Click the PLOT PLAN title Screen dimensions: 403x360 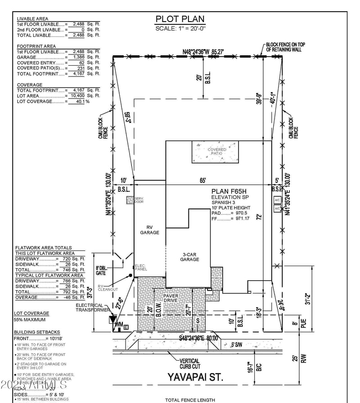click(180, 19)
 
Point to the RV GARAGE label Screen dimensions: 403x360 click(149, 230)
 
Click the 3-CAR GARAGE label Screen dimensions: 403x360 click(189, 257)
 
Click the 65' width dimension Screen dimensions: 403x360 click(203, 181)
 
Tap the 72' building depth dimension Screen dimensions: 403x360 click(259, 217)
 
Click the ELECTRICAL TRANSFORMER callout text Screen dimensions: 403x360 click(92, 307)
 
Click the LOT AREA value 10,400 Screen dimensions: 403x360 click(76, 96)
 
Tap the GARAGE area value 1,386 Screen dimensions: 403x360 click(76, 57)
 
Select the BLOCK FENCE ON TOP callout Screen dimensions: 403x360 click(285, 47)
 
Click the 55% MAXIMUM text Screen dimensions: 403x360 click(30, 320)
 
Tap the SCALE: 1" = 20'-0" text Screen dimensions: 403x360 click(180, 28)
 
